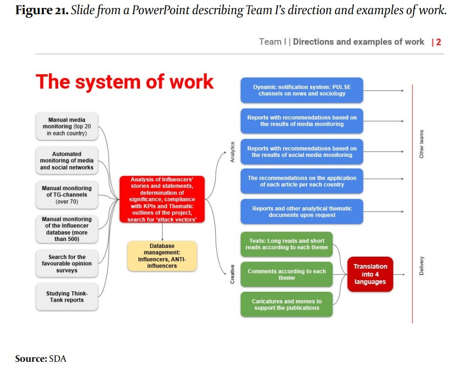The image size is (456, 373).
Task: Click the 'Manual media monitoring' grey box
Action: (67, 127)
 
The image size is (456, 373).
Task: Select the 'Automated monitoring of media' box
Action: (67, 160)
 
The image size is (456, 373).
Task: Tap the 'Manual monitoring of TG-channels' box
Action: (67, 195)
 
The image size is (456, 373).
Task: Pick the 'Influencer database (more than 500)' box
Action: (67, 229)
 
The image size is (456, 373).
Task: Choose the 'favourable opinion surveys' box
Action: (67, 263)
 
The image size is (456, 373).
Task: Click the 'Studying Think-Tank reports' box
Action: (67, 297)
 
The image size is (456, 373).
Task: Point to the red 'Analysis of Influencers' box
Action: (162, 199)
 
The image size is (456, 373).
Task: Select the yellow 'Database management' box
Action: (162, 256)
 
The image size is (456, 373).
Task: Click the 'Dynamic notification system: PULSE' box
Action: (301, 90)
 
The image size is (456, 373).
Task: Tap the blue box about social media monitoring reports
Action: (301, 152)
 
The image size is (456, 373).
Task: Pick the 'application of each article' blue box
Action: (301, 181)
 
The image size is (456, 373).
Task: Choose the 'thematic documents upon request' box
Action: (301, 212)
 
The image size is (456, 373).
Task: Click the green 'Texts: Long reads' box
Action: (286, 244)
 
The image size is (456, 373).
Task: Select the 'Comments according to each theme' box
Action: (286, 274)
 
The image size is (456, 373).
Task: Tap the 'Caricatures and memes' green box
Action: (286, 305)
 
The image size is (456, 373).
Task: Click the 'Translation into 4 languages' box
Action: (370, 274)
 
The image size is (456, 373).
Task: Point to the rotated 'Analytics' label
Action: (233, 152)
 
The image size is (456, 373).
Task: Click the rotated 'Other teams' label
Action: (422, 144)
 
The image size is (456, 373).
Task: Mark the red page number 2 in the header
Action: (439, 42)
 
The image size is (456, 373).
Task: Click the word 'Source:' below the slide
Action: (31, 359)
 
